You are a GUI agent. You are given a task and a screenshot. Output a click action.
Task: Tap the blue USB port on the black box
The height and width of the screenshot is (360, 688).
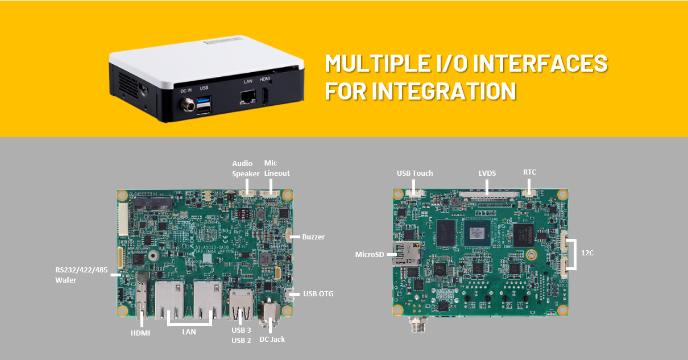[204, 100]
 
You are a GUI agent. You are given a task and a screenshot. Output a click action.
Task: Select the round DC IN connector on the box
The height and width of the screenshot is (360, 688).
[188, 105]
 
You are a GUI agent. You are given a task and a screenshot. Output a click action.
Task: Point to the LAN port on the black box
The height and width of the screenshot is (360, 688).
[248, 97]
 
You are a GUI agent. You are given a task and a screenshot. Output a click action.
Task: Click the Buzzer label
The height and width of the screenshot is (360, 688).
[313, 237]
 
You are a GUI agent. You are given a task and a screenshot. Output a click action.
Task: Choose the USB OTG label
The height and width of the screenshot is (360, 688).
[318, 294]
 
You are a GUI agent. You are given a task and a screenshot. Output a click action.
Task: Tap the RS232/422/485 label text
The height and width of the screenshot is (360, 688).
[81, 270]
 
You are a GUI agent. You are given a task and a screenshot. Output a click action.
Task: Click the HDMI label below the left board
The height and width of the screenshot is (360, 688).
[140, 333]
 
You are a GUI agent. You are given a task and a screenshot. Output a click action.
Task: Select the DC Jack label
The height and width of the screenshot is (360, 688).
[272, 340]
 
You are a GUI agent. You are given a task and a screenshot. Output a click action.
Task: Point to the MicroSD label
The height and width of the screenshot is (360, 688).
[370, 255]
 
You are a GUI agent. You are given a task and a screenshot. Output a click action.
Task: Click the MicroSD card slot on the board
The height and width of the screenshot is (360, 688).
[407, 254]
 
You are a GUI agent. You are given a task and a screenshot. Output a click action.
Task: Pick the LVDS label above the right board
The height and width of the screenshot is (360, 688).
[487, 173]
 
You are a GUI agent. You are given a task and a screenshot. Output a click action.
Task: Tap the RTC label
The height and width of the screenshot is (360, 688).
[529, 172]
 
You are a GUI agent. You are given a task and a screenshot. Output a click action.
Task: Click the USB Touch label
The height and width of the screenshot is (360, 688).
[415, 173]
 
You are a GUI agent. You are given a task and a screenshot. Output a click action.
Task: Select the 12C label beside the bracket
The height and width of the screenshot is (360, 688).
[587, 253]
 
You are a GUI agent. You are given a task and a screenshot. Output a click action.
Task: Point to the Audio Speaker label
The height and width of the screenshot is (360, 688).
[246, 169]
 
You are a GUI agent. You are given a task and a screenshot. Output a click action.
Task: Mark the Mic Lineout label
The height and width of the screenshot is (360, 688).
[277, 168]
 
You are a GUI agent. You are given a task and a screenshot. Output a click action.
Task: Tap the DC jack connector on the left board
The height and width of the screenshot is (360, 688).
[269, 313]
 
